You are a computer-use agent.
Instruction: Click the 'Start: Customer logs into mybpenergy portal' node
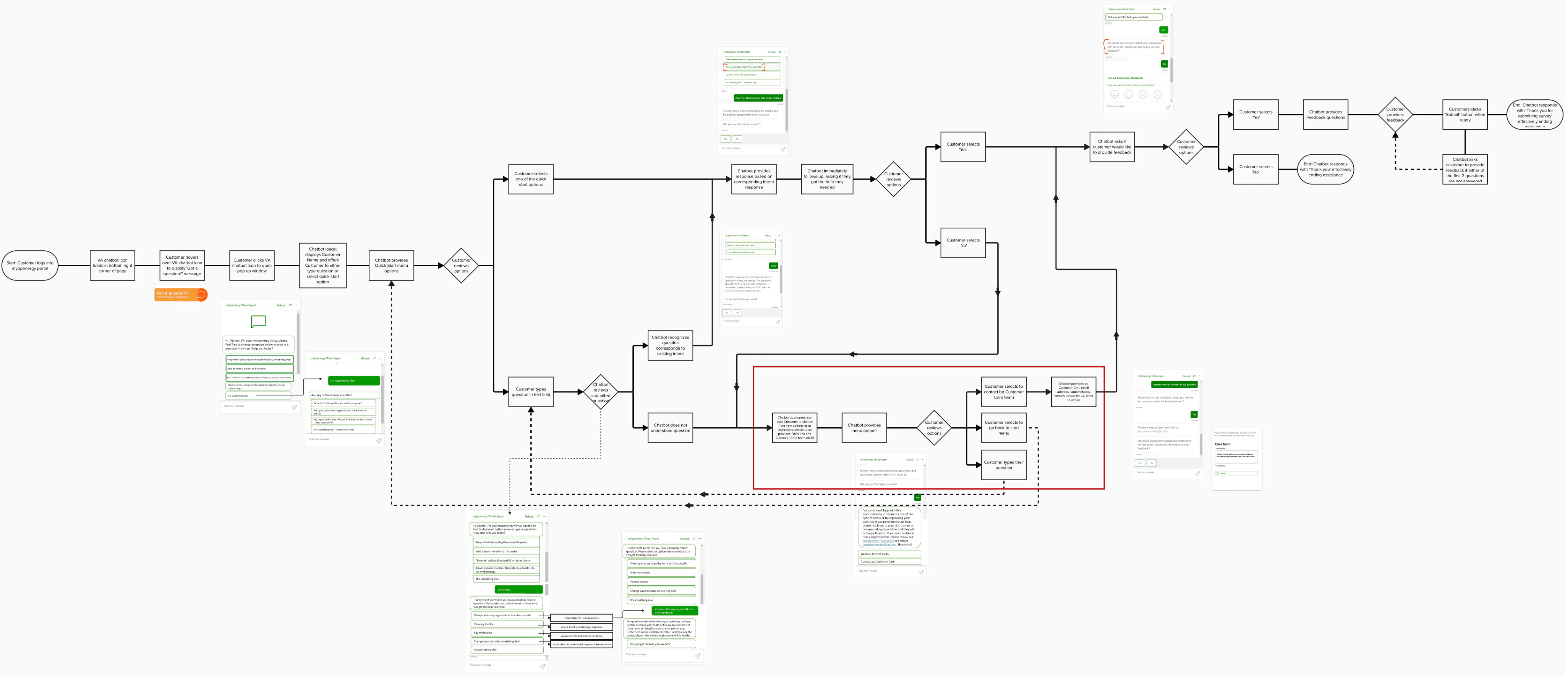coord(30,266)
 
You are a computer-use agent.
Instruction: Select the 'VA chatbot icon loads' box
coord(112,266)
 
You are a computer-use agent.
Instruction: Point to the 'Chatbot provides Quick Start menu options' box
coord(391,266)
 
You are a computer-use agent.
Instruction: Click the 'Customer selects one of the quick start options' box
coord(530,179)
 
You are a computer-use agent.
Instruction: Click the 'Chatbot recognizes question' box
coord(670,345)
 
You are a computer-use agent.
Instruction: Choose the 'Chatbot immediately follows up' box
coord(827,179)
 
